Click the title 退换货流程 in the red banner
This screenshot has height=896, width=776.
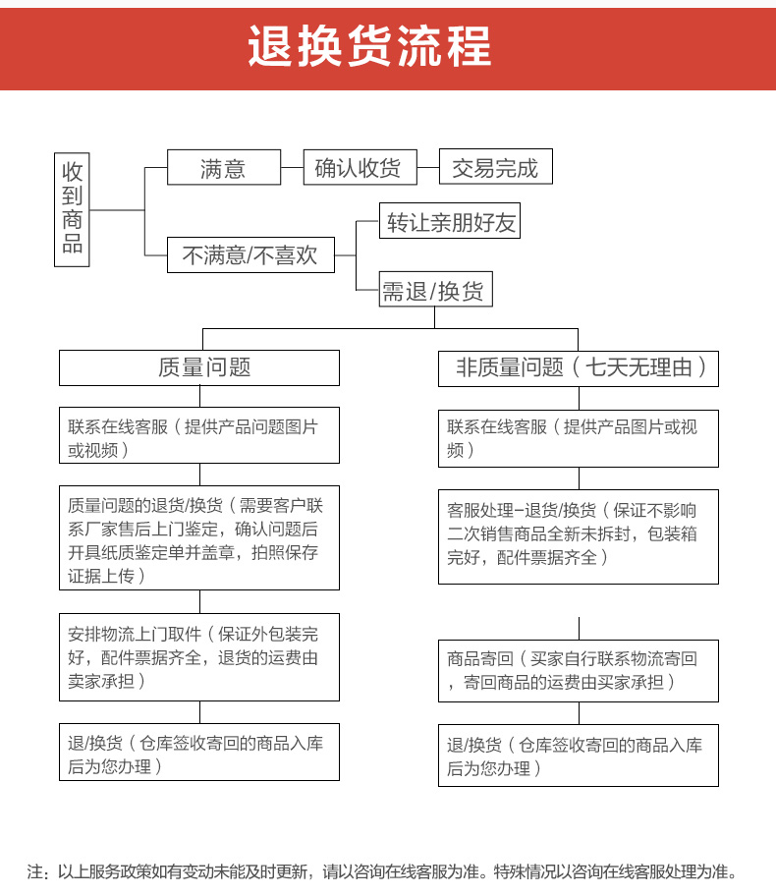369,46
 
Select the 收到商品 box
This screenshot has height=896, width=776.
73,209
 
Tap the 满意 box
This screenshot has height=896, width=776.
223,168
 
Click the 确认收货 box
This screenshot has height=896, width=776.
359,168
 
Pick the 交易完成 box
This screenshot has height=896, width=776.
495,168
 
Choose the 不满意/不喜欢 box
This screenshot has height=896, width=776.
249,255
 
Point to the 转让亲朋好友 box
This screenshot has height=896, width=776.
450,222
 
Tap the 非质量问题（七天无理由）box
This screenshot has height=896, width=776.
579,368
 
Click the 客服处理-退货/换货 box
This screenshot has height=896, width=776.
579,535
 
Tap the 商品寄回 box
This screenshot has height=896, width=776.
579,670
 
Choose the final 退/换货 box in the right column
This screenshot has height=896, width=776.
579,756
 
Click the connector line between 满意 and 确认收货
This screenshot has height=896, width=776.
292,168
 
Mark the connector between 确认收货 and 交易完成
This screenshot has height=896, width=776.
427,168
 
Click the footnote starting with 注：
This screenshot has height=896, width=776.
382,871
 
